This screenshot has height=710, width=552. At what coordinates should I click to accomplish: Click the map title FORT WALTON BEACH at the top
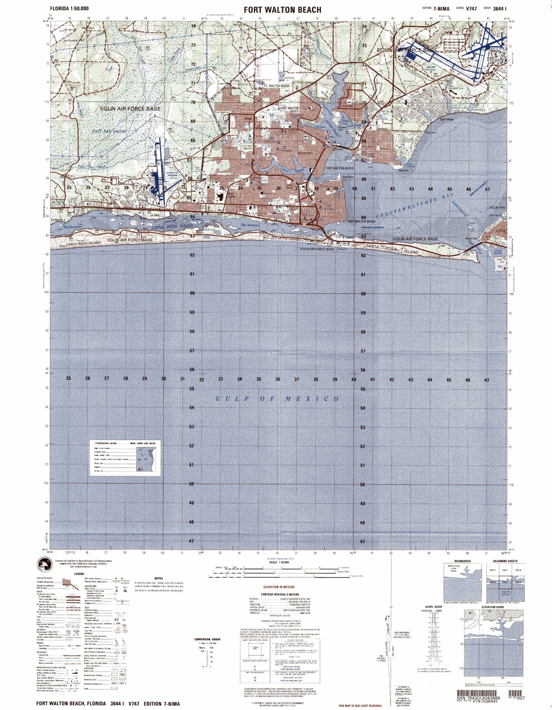click(x=282, y=10)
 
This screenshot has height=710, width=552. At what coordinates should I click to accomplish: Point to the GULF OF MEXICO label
click(x=277, y=399)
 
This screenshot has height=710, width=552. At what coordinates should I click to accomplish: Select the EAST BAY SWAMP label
click(x=109, y=131)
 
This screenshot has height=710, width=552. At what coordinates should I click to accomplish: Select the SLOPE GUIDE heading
click(x=433, y=607)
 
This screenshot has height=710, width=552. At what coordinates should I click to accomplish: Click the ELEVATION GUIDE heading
click(x=493, y=607)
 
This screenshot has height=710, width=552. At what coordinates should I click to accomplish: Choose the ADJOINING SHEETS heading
click(x=505, y=561)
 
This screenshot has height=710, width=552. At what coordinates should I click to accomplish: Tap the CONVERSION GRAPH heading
click(x=207, y=639)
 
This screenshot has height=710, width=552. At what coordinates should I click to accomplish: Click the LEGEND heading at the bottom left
click(x=79, y=574)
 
